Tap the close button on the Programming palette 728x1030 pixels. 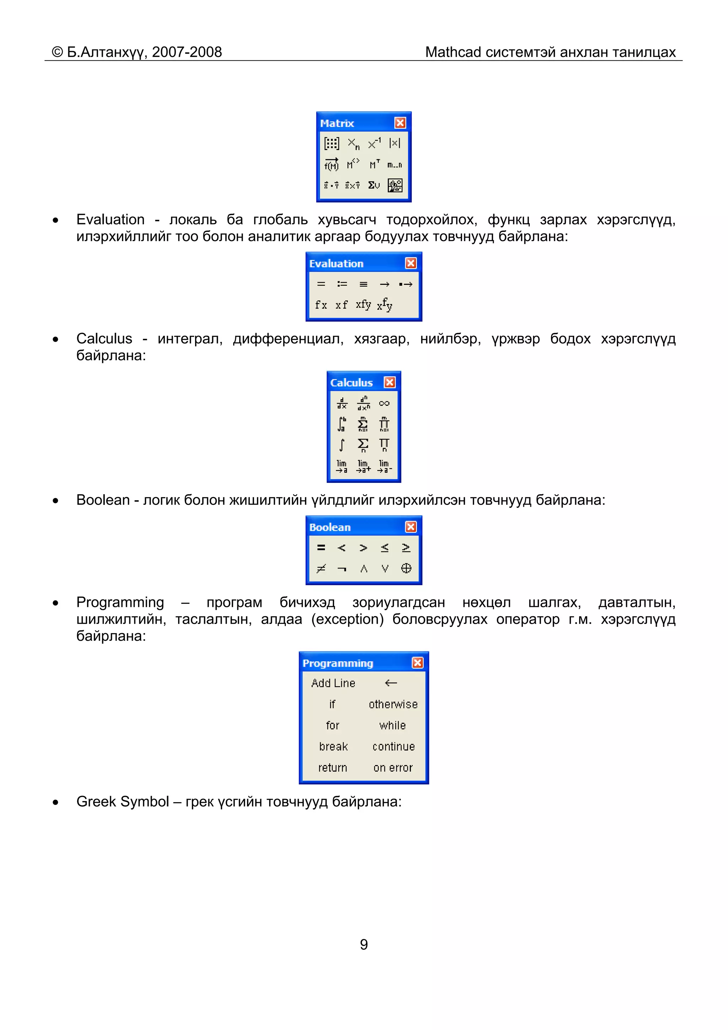pyautogui.click(x=417, y=663)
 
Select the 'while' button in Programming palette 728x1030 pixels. pyautogui.click(x=392, y=725)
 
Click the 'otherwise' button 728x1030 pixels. pyautogui.click(x=393, y=704)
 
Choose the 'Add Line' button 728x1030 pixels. pyautogui.click(x=333, y=683)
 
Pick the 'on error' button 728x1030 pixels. pyautogui.click(x=393, y=768)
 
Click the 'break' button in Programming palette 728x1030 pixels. pyautogui.click(x=333, y=747)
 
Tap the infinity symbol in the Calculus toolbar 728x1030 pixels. pyautogui.click(x=384, y=403)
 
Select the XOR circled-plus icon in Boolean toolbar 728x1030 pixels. pyautogui.click(x=406, y=569)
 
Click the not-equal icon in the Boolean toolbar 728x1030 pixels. pyautogui.click(x=321, y=569)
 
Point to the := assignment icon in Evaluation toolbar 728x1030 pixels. pyautogui.click(x=342, y=284)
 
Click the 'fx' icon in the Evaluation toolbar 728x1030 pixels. pyautogui.click(x=321, y=305)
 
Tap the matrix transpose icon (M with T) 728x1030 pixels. pyautogui.click(x=375, y=165)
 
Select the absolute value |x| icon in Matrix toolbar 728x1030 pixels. pyautogui.click(x=395, y=143)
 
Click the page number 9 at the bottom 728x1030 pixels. pyautogui.click(x=364, y=944)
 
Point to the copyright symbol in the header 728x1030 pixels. pyautogui.click(x=58, y=52)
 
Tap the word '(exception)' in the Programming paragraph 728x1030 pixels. pyautogui.click(x=348, y=619)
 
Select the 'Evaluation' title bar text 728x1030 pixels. pyautogui.click(x=336, y=263)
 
